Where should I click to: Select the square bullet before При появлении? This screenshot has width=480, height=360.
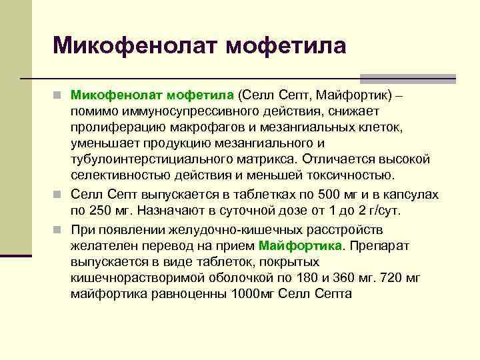(59, 229)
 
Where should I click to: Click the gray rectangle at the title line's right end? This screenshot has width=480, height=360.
(407, 77)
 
